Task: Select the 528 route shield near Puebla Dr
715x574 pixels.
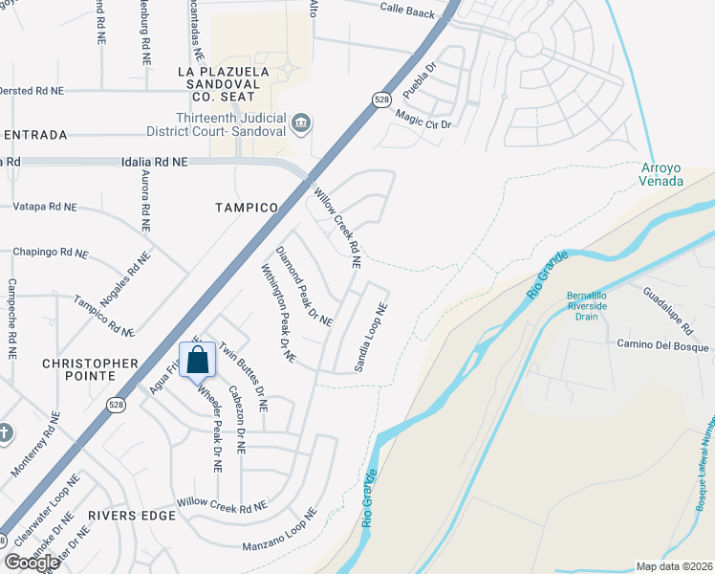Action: pos(381,99)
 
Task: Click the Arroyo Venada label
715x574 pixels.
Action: pos(661,174)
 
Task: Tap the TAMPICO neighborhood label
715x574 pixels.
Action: pos(246,207)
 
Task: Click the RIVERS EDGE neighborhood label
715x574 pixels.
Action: pos(132,516)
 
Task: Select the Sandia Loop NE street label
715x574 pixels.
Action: pos(371,338)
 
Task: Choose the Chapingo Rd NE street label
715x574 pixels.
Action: pos(50,254)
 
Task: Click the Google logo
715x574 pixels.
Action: pos(32,562)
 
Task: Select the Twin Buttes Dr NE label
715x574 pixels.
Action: pos(243,377)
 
